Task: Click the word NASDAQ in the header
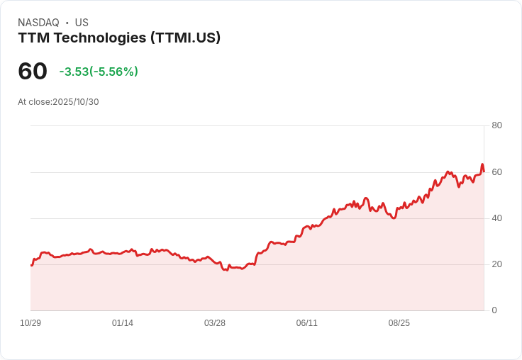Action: pyautogui.click(x=38, y=23)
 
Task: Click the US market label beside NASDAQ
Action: pyautogui.click(x=82, y=23)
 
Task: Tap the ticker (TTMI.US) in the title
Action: pyautogui.click(x=186, y=38)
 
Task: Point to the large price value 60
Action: pyautogui.click(x=33, y=71)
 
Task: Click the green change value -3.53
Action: pyautogui.click(x=74, y=72)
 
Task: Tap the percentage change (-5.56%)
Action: pyautogui.click(x=113, y=72)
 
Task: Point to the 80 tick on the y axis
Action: pyautogui.click(x=496, y=125)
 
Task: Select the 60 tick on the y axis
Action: pyautogui.click(x=496, y=172)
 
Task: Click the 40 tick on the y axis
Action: pyautogui.click(x=496, y=218)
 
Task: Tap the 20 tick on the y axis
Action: pyautogui.click(x=496, y=264)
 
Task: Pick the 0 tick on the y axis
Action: pyautogui.click(x=494, y=310)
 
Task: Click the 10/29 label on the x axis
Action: pyautogui.click(x=30, y=323)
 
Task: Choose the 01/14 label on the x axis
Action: pyautogui.click(x=123, y=323)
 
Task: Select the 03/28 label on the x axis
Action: pyautogui.click(x=215, y=323)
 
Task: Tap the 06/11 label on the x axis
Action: pyautogui.click(x=307, y=323)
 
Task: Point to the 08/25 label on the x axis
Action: pyautogui.click(x=399, y=323)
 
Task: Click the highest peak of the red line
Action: pyautogui.click(x=482, y=165)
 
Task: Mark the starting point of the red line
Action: pyautogui.click(x=31, y=265)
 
